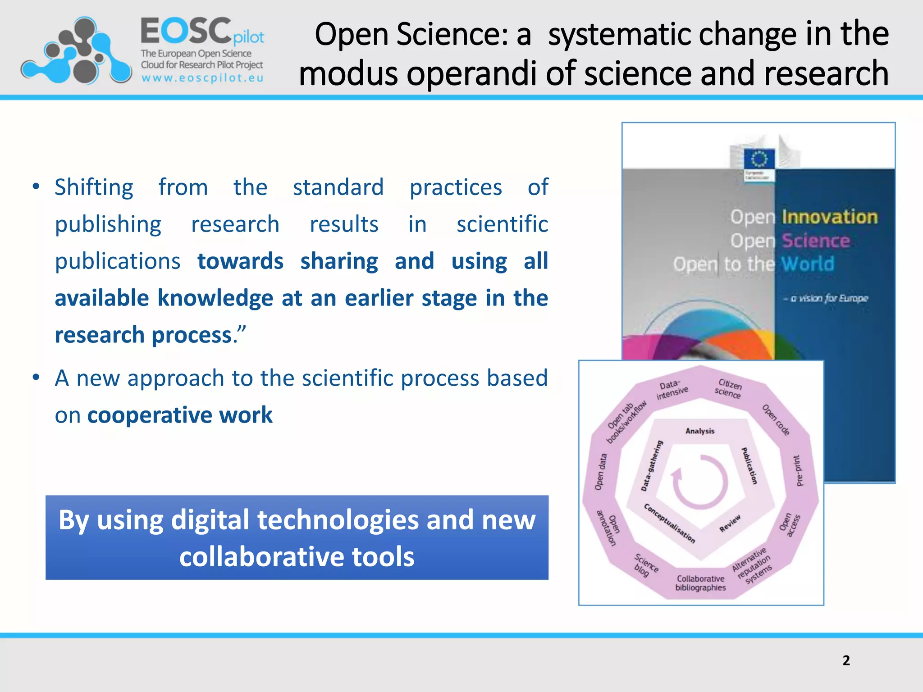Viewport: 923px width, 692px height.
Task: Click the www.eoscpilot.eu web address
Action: (x=202, y=78)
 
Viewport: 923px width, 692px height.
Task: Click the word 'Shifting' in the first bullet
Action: (x=94, y=187)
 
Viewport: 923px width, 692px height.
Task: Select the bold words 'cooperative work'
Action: (x=180, y=415)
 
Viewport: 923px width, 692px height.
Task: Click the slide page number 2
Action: (x=846, y=660)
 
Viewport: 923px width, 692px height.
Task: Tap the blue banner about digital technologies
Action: (x=297, y=537)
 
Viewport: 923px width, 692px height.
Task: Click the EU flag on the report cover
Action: (x=759, y=159)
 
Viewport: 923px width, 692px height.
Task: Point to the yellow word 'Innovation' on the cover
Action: (x=830, y=217)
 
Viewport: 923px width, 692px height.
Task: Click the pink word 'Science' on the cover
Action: (x=816, y=241)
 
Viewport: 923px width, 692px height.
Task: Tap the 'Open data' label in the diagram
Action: (x=601, y=472)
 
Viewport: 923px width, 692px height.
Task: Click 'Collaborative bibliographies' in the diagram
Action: (x=700, y=583)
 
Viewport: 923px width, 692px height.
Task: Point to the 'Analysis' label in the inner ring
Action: (x=700, y=431)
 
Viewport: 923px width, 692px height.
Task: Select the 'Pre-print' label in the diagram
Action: (x=798, y=471)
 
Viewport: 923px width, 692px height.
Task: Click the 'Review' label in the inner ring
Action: (x=730, y=524)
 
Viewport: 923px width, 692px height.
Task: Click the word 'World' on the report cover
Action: (x=808, y=264)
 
